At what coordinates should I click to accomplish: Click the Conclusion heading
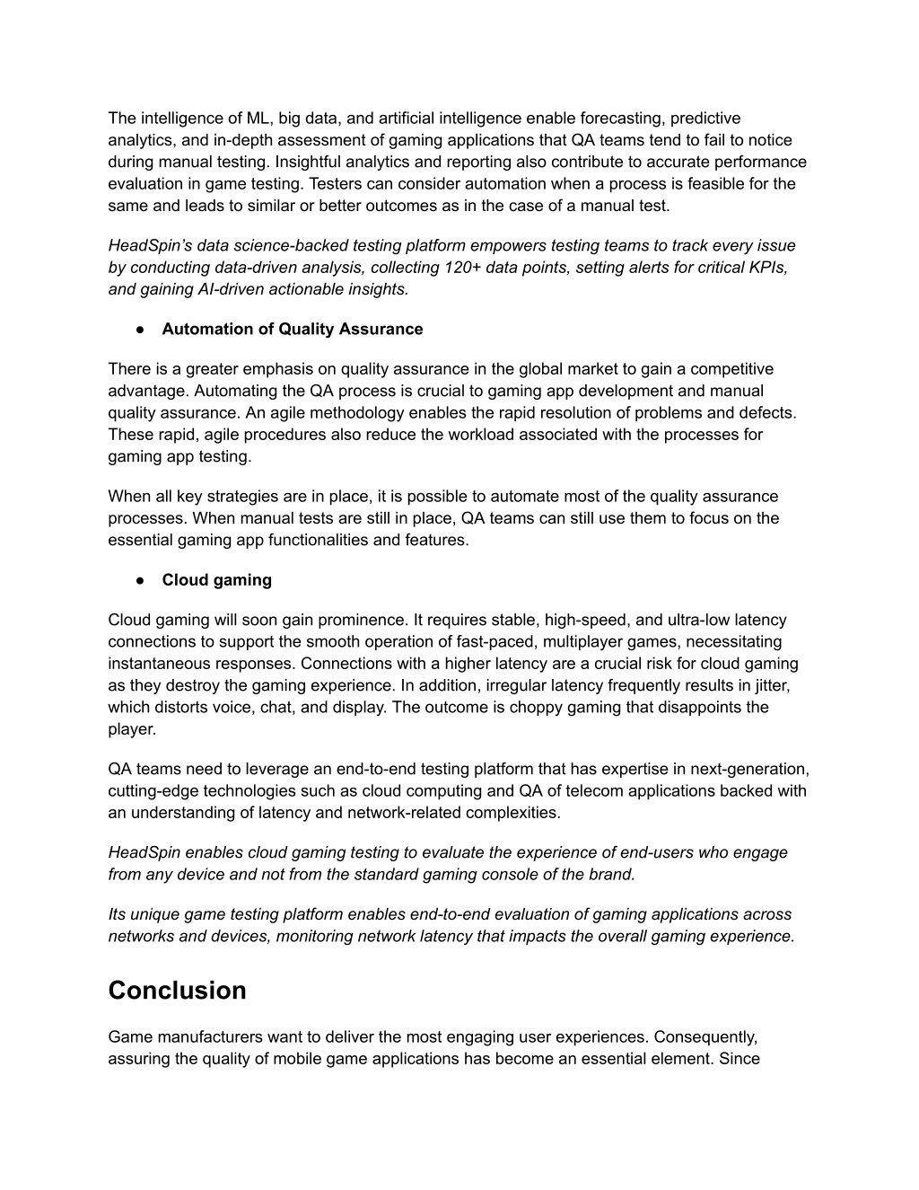(x=177, y=991)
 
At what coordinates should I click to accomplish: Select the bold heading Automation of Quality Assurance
(x=292, y=329)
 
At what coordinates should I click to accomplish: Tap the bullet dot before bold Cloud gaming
(x=141, y=580)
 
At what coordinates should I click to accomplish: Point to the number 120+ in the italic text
(x=459, y=268)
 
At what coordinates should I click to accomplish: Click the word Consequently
(x=705, y=1037)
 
